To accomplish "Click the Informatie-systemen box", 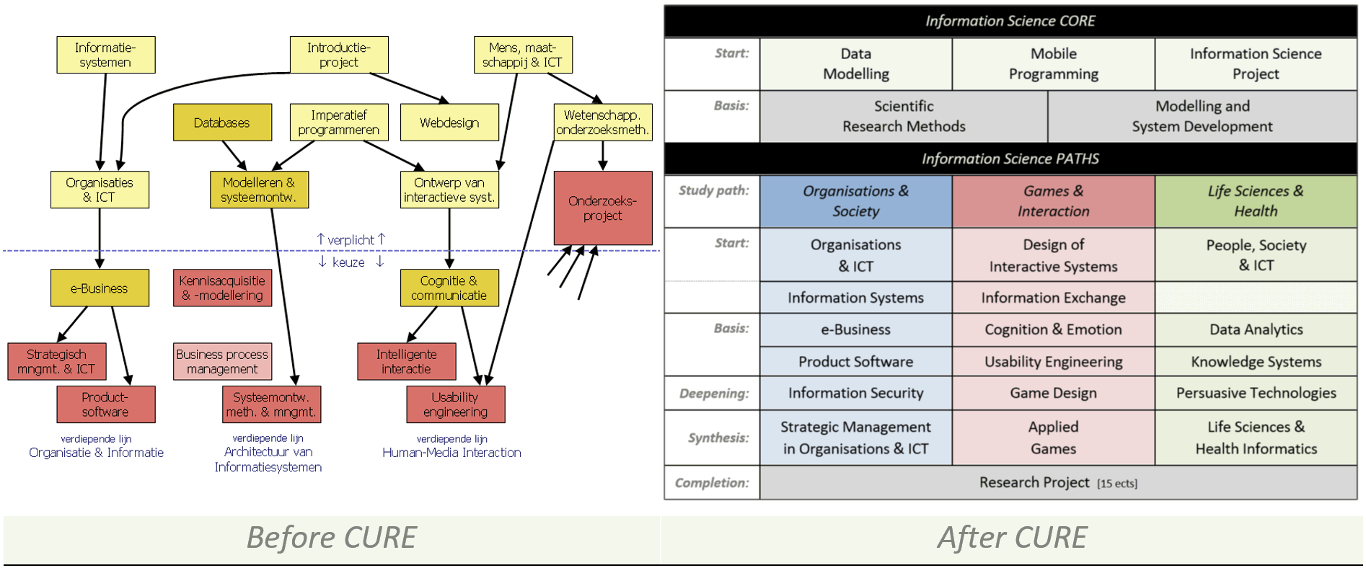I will pyautogui.click(x=106, y=55).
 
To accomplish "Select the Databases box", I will pyautogui.click(x=222, y=123).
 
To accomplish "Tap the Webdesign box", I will pyautogui.click(x=449, y=123).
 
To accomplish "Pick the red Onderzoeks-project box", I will pyautogui.click(x=603, y=208).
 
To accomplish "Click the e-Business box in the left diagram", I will pyautogui.click(x=100, y=288).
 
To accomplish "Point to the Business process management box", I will pyautogui.click(x=222, y=361).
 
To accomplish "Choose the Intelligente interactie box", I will pyautogui.click(x=407, y=361).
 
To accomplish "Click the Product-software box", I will pyautogui.click(x=106, y=404).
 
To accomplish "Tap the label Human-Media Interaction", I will pyautogui.click(x=451, y=453).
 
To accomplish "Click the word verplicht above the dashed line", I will pyautogui.click(x=351, y=240).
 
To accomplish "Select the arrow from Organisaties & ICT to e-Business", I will pyautogui.click(x=100, y=239).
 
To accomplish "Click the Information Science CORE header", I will pyautogui.click(x=1010, y=22).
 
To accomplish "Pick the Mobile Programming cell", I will pyautogui.click(x=1053, y=64).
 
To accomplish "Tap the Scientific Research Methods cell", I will pyautogui.click(x=904, y=116).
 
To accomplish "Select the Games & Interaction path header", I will pyautogui.click(x=1053, y=201).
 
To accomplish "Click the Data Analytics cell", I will pyautogui.click(x=1256, y=329).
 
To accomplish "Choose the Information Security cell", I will pyautogui.click(x=855, y=393).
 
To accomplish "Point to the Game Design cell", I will pyautogui.click(x=1053, y=393).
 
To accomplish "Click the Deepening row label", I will pyautogui.click(x=713, y=394).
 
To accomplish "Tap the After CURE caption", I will pyautogui.click(x=1012, y=538).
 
